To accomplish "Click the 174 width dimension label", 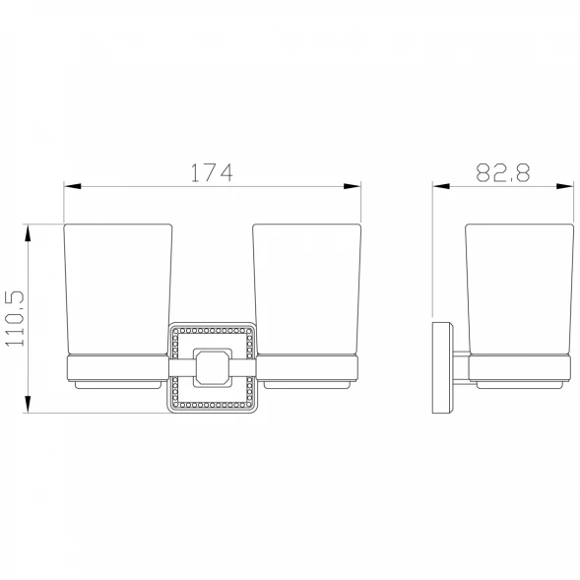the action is point(212,172).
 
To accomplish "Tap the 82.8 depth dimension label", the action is point(502,172).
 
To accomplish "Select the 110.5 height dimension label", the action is point(15,318).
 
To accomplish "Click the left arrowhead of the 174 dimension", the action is point(73,186).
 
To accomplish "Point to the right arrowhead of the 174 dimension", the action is point(353,186).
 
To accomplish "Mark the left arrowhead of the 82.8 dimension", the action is point(441,186).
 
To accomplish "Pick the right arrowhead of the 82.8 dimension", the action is point(565,186).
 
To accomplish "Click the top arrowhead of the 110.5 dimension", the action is point(28,233).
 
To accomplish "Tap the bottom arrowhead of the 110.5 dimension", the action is point(28,404).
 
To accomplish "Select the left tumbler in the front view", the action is point(118,290).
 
